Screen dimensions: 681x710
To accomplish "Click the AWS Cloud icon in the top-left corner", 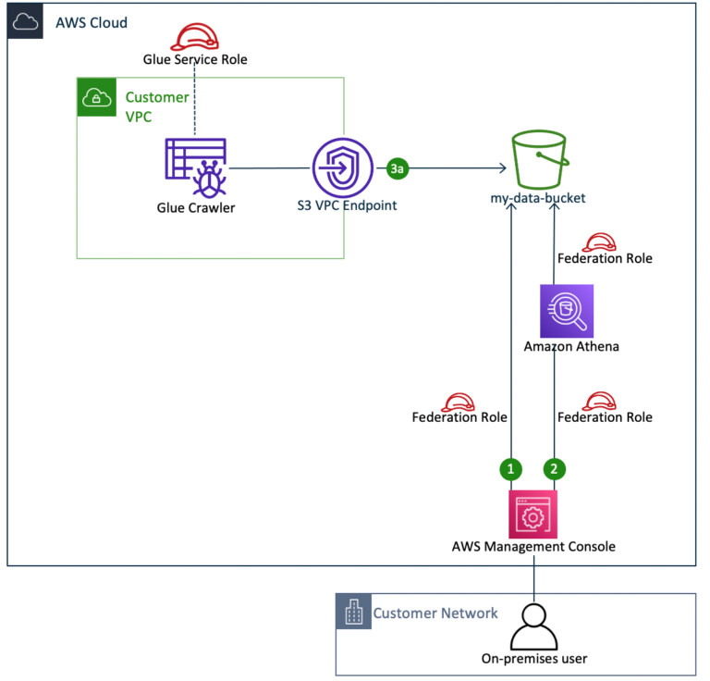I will coord(25,21).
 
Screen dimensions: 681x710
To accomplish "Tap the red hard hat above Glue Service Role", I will coord(195,37).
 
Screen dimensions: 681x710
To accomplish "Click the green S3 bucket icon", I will coord(538,160).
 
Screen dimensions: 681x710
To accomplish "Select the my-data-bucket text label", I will coord(538,198).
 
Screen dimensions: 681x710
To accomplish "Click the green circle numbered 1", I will coord(511,469).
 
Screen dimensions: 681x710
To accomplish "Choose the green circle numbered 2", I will coord(554,469).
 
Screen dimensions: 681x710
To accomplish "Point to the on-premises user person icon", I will coord(533,626).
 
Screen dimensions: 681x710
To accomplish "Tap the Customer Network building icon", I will coord(353,613).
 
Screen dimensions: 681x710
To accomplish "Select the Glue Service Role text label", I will coord(195,59).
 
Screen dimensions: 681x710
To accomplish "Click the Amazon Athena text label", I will coord(566,347).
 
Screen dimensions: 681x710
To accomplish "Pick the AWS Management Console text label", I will coord(533,547).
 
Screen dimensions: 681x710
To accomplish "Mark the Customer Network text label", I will coord(435,613).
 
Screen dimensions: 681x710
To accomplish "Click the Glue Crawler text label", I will coord(195,207).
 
